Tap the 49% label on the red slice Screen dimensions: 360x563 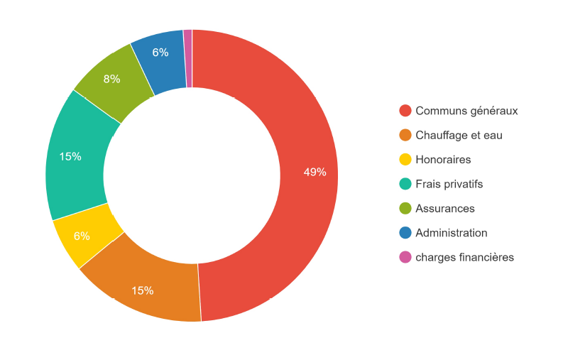[x=315, y=172]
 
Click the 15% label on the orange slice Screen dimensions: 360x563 [x=142, y=290]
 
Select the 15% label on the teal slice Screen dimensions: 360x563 [x=70, y=156]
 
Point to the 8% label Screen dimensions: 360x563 [x=111, y=79]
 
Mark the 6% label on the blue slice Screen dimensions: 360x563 [x=160, y=52]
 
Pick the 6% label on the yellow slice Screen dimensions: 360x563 [x=82, y=236]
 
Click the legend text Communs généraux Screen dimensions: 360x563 [x=466, y=111]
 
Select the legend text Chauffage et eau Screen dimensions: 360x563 [x=459, y=135]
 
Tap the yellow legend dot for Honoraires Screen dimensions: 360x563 [x=405, y=159]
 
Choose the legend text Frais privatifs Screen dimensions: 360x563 [x=449, y=184]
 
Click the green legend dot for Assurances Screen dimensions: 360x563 [x=405, y=208]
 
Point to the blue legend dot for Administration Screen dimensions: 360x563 [x=405, y=232]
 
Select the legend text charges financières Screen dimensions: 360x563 [x=464, y=257]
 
